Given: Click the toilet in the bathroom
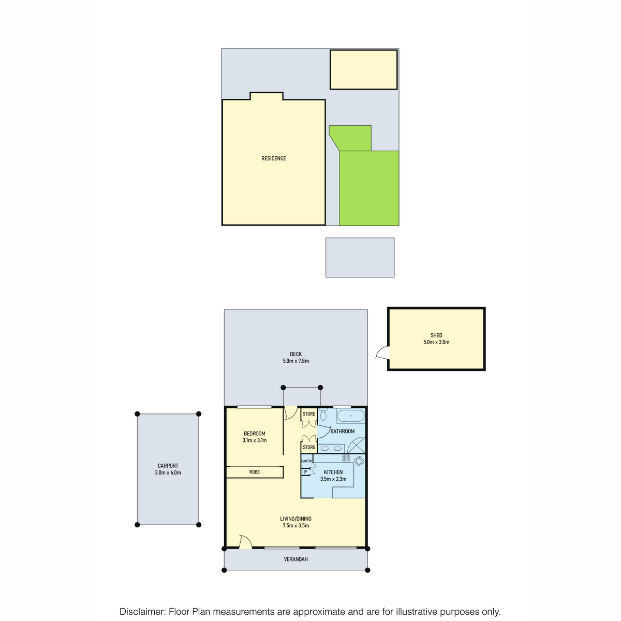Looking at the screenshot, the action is coord(323,415).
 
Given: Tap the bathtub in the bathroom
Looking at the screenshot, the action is coord(351,416).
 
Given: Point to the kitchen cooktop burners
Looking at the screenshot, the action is coord(346,458).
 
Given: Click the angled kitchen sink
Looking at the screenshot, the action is coord(359,461).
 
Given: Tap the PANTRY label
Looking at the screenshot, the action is coord(307,461).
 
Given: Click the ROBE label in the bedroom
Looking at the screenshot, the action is coord(255,472).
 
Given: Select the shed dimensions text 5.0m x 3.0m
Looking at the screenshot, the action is coord(436,342).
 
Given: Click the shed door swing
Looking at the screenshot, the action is coord(383,352).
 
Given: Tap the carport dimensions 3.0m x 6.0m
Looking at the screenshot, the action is coord(168,473).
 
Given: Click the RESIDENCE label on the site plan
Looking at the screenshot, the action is coord(274,158).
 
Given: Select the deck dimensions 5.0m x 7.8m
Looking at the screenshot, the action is coord(295,361).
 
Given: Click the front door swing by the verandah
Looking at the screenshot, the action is coord(246,541).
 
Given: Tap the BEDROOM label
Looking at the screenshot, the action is coord(255,434).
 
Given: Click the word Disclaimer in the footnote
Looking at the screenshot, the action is coord(141,611).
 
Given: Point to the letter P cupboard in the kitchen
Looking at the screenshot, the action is coord(305,472).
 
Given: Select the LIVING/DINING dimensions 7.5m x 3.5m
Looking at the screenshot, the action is coord(295,526).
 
